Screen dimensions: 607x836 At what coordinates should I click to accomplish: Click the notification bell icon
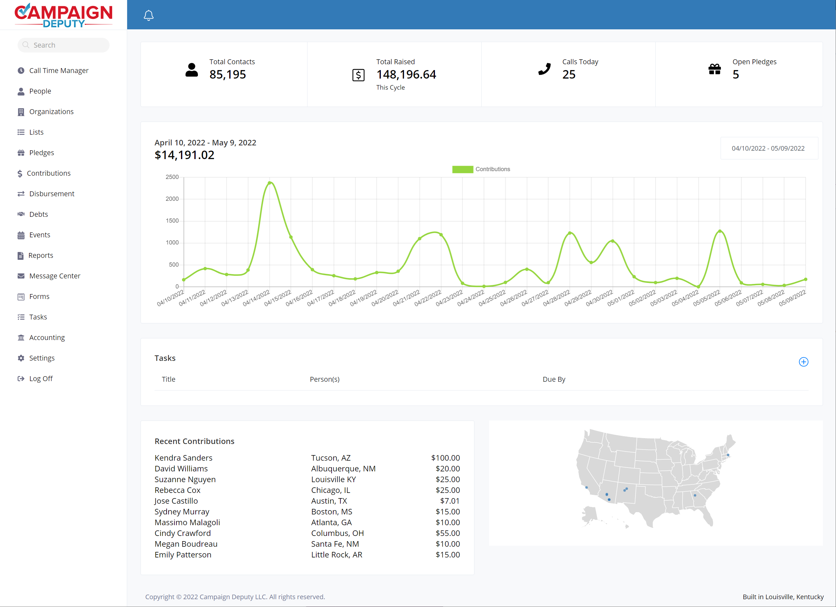pos(149,15)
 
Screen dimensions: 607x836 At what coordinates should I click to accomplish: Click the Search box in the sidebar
pos(63,45)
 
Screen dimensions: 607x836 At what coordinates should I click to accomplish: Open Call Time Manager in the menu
pos(59,70)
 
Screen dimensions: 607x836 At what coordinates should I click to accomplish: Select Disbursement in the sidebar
pos(52,194)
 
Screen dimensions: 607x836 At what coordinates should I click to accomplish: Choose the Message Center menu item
pos(54,276)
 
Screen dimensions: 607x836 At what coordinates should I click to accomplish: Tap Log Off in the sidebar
pos(40,378)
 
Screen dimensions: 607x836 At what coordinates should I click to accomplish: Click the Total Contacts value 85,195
pos(228,74)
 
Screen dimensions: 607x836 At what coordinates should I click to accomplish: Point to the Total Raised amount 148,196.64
pos(406,74)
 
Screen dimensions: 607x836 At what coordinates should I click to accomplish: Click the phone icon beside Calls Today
pos(545,69)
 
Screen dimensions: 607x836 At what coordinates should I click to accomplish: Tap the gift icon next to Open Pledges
pos(714,69)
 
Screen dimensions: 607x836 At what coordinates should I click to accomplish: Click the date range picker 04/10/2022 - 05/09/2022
pos(769,148)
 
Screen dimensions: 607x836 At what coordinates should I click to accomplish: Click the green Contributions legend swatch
pos(462,169)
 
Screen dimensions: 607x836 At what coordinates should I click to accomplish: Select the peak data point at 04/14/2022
pos(269,183)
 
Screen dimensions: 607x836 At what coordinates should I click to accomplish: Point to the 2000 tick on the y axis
pos(172,199)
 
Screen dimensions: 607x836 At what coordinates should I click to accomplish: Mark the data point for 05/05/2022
pos(720,231)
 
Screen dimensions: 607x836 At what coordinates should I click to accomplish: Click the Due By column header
pos(554,379)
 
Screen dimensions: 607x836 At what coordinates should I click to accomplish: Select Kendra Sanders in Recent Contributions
pos(183,458)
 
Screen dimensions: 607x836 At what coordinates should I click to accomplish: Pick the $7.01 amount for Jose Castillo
pos(449,501)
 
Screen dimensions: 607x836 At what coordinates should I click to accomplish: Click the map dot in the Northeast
pos(728,455)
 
